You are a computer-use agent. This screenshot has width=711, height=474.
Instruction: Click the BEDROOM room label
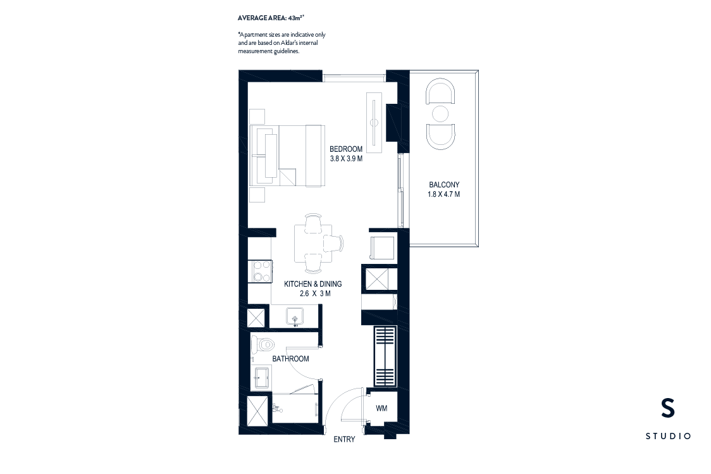click(x=346, y=149)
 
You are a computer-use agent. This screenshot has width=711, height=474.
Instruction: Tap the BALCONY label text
click(x=443, y=185)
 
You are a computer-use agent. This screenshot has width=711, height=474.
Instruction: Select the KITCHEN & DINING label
click(x=312, y=284)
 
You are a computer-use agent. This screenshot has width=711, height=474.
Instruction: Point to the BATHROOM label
click(x=290, y=359)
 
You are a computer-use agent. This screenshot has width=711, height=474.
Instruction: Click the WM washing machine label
click(x=381, y=408)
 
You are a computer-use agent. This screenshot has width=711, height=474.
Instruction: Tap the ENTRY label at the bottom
click(x=344, y=439)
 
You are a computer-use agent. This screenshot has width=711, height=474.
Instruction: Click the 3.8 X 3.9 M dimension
click(x=346, y=159)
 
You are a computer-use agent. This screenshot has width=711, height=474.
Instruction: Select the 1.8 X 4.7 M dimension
click(x=443, y=194)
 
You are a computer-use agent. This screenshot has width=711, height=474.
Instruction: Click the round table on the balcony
click(x=441, y=114)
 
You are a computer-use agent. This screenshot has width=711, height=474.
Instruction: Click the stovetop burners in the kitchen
click(x=259, y=271)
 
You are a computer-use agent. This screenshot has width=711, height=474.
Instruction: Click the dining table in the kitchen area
click(x=313, y=244)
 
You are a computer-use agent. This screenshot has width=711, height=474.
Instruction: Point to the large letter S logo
click(x=667, y=409)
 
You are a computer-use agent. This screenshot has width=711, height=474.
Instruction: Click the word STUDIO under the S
click(x=668, y=436)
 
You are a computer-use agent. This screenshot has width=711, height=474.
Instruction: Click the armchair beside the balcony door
click(x=381, y=247)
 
